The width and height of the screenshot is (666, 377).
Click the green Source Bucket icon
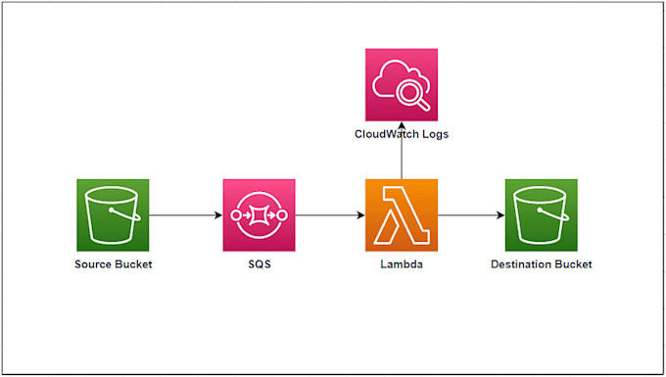[113, 215]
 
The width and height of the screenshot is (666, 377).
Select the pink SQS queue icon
[260, 215]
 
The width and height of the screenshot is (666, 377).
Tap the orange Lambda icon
[402, 215]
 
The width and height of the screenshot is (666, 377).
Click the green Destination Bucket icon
[542, 215]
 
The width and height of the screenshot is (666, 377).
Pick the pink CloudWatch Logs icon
[402, 85]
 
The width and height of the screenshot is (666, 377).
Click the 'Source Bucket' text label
[113, 264]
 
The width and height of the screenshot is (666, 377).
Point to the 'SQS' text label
[260, 264]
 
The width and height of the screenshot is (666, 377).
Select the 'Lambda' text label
[402, 264]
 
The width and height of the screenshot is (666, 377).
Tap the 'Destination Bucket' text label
[542, 264]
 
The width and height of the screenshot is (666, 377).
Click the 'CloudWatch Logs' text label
[402, 134]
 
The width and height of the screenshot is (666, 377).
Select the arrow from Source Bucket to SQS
[186, 215]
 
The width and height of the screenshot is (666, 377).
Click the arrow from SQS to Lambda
[330, 215]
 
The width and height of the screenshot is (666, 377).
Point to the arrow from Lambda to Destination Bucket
[471, 215]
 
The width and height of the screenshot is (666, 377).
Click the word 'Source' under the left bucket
[94, 264]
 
